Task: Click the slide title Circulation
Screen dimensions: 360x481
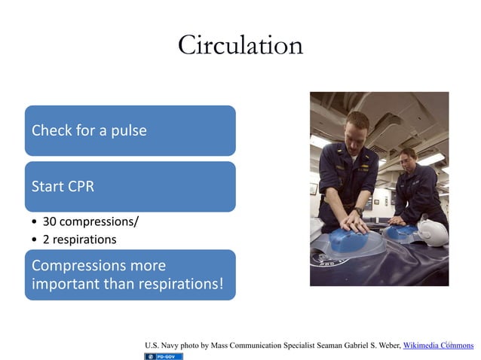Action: [x=240, y=46]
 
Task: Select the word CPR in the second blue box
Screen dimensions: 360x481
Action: [x=81, y=186]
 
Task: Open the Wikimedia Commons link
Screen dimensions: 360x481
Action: [x=438, y=346]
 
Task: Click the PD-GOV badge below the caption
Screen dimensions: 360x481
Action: [x=164, y=355]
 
